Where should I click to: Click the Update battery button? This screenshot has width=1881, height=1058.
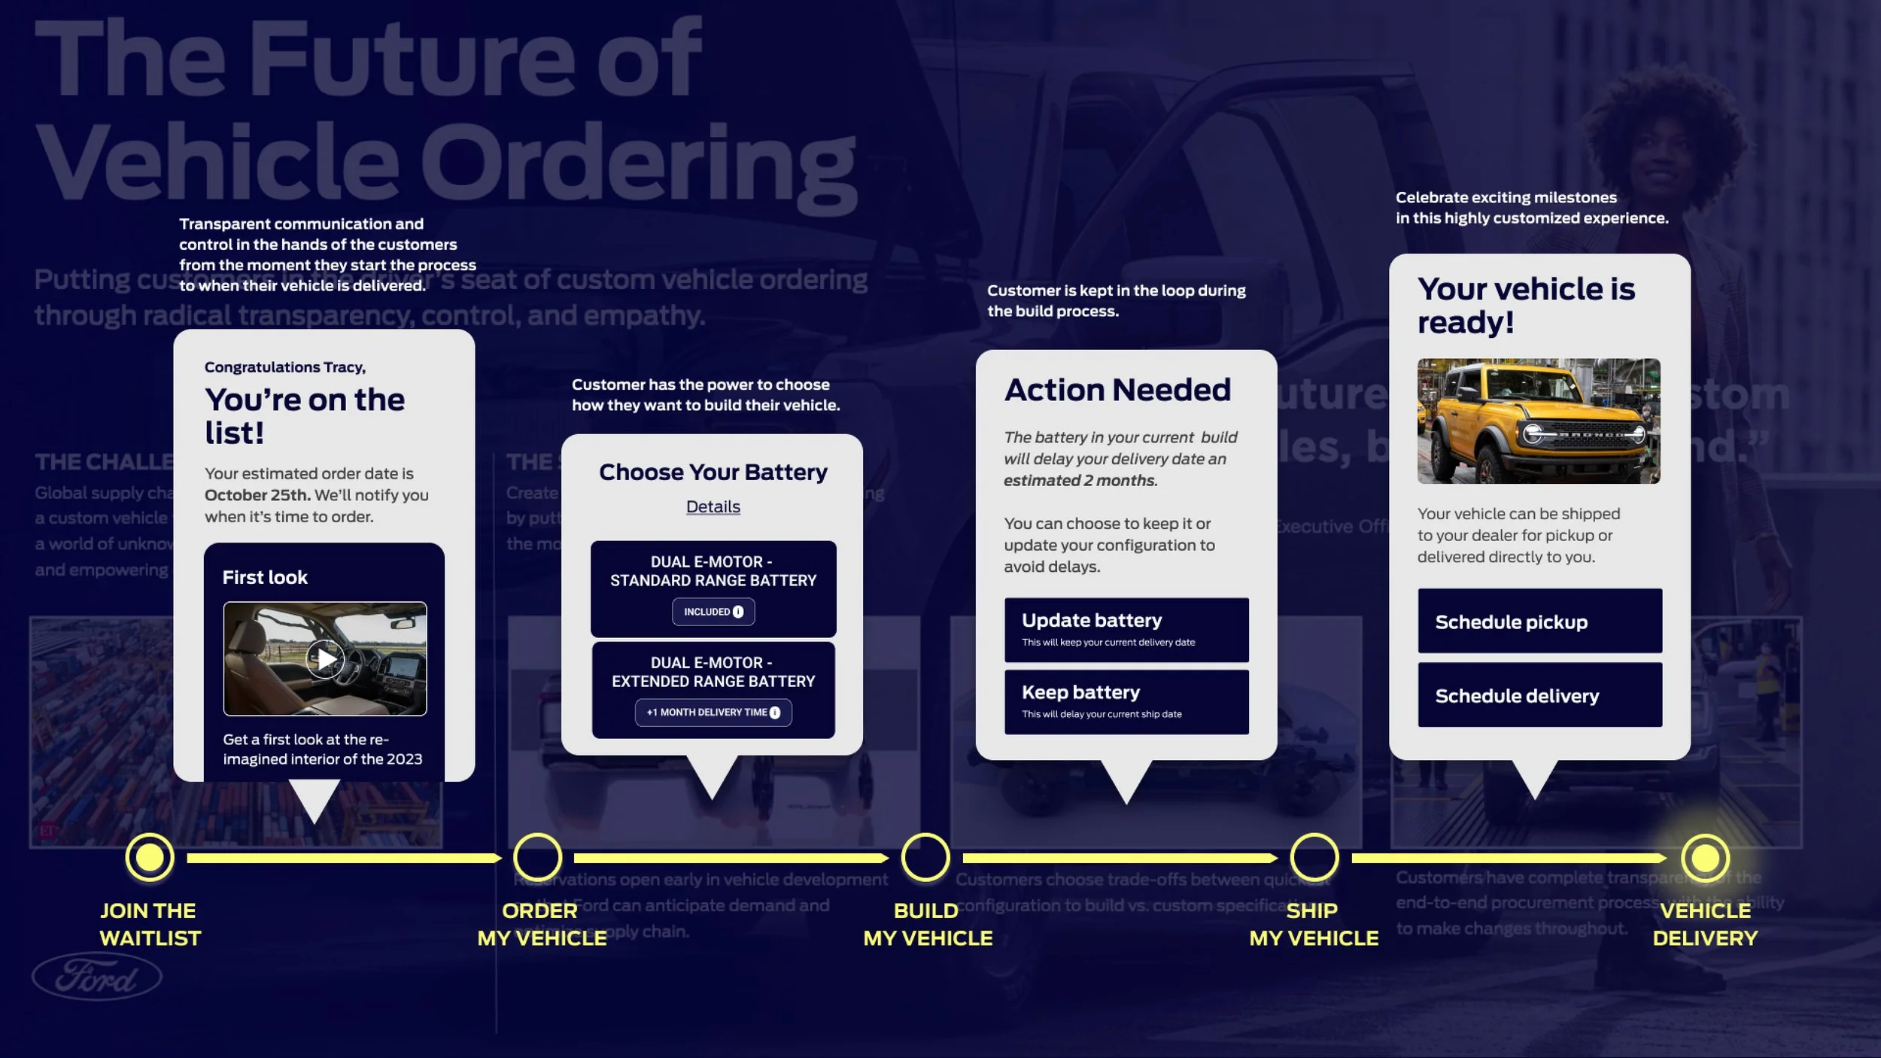pos(1126,630)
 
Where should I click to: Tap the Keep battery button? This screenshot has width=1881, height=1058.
pos(1126,701)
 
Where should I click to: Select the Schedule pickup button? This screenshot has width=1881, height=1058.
pos(1539,621)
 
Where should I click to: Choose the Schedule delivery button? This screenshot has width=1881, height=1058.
pos(1539,695)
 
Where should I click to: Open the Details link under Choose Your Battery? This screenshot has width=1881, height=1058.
pos(713,506)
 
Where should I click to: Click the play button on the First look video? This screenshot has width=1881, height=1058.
pos(326,659)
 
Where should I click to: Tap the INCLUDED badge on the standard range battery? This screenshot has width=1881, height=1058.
pos(713,612)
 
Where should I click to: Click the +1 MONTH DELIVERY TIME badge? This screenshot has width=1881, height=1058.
pos(713,712)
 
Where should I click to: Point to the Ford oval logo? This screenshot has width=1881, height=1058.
pos(97,977)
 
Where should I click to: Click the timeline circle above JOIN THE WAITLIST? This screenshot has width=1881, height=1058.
pos(150,857)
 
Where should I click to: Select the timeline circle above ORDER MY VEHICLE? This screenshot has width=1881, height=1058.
pos(537,857)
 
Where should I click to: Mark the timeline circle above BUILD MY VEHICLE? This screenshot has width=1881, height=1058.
pos(925,857)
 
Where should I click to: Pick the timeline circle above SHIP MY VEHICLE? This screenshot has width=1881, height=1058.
pos(1314,857)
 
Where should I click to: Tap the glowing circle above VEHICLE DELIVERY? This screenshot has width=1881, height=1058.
pos(1704,857)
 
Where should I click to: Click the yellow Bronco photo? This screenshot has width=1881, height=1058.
pos(1538,421)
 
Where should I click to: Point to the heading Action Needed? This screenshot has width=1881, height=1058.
pos(1117,390)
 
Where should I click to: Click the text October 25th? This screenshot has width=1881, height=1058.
pos(257,495)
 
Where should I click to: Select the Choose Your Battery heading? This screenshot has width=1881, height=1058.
pos(713,472)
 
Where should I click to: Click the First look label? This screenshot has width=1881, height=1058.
pos(265,577)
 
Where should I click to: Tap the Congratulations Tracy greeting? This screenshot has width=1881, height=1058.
pos(285,367)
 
